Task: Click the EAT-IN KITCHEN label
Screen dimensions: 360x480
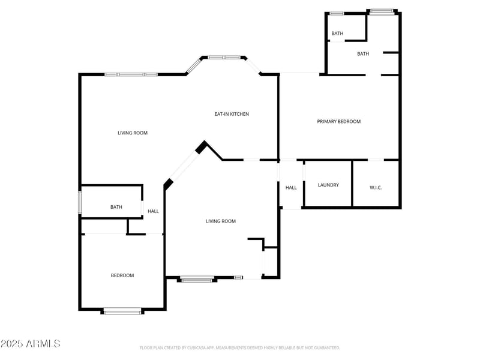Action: [x=232, y=114]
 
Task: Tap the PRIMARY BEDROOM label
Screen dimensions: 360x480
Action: [x=338, y=121]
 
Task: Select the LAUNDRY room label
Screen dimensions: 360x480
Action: [x=328, y=185]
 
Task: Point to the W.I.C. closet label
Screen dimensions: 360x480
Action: [x=376, y=188]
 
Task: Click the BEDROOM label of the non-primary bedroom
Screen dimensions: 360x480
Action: [x=122, y=275]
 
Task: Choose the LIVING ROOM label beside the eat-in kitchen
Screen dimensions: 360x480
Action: [x=133, y=133]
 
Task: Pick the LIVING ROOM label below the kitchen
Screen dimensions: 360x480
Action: [x=221, y=221]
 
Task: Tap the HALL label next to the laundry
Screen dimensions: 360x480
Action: [x=291, y=188]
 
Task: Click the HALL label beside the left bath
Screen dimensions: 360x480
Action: [x=154, y=211]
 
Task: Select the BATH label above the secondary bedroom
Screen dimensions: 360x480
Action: [x=116, y=207]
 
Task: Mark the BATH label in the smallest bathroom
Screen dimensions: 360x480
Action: [x=337, y=33]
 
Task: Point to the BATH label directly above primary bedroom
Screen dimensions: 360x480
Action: [x=363, y=54]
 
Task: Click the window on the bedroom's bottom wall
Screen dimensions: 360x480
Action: [x=122, y=311]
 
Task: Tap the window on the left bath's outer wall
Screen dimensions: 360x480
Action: [x=80, y=202]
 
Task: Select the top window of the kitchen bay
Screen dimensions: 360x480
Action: [x=224, y=58]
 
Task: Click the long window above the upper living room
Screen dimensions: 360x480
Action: [x=131, y=74]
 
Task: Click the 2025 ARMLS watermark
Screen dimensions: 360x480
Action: [x=30, y=344]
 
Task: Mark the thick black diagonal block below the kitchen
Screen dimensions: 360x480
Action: [x=202, y=147]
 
